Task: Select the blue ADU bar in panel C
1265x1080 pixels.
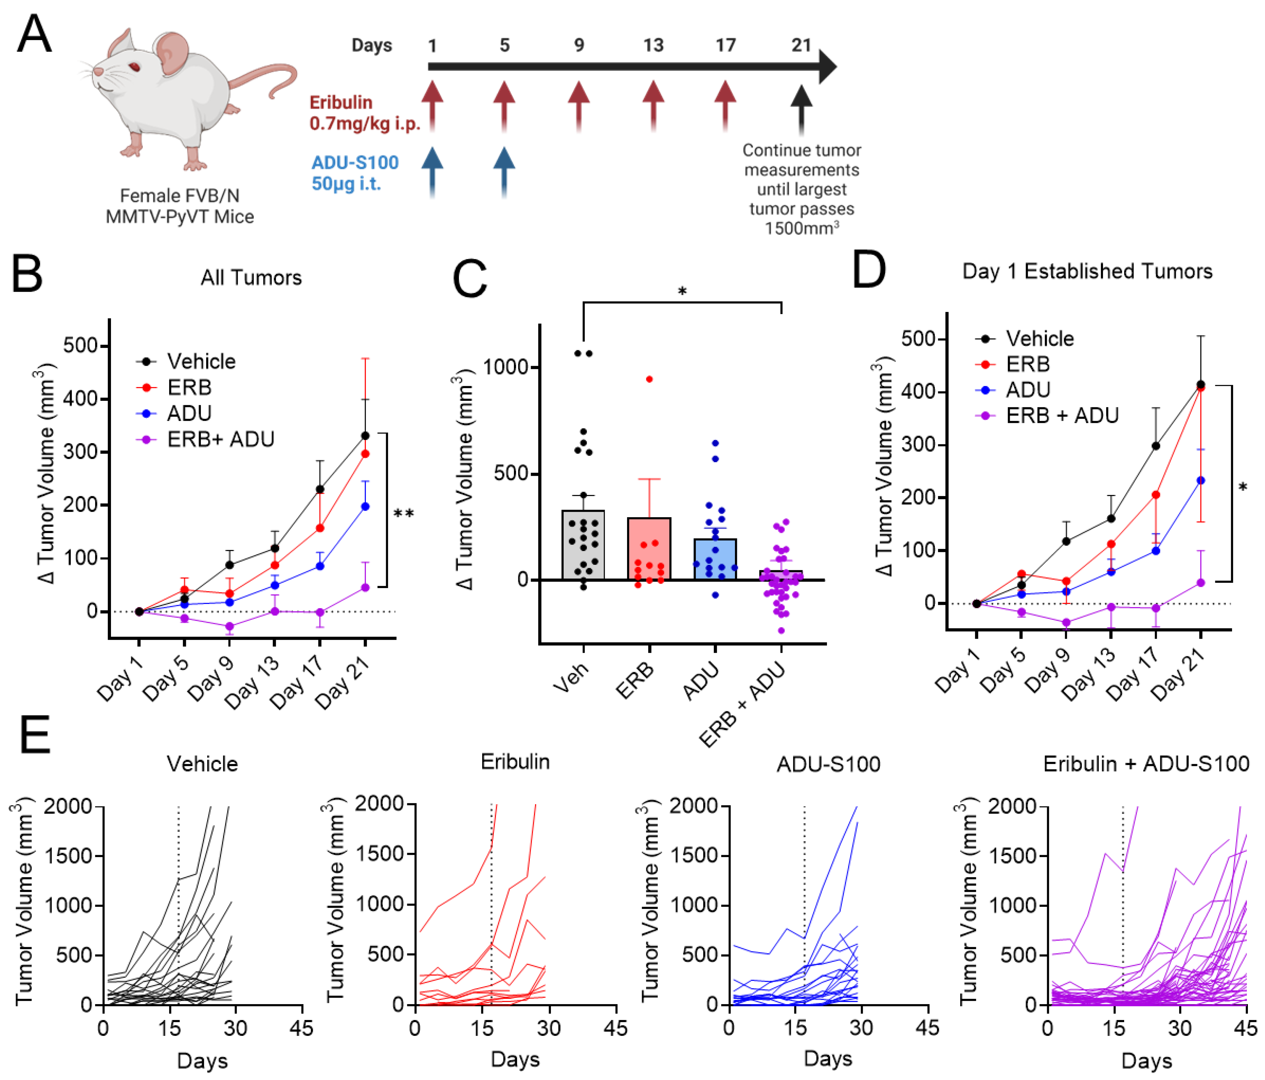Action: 715,559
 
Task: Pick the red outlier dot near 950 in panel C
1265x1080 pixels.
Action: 649,379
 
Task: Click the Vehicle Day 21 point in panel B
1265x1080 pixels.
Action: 365,435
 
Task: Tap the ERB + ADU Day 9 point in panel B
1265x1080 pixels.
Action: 229,626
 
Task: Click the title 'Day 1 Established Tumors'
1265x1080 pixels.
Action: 1087,271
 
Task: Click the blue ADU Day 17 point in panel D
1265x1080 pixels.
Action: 1155,551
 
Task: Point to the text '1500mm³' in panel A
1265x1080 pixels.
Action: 801,228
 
